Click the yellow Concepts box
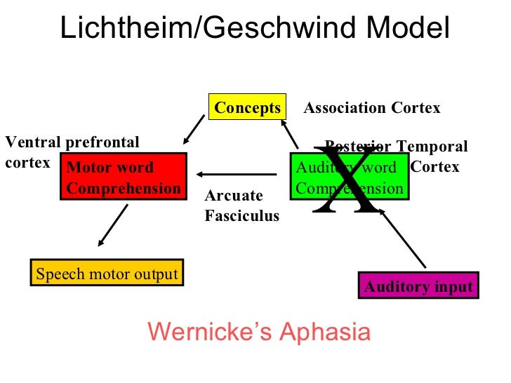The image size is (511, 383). pyautogui.click(x=247, y=108)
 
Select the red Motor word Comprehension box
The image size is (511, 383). pyautogui.click(x=123, y=177)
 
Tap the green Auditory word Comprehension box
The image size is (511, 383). pyautogui.click(x=349, y=177)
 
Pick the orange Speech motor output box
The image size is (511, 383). pyautogui.click(x=107, y=274)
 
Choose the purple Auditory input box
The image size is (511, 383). pyautogui.click(x=418, y=286)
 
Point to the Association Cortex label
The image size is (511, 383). pyautogui.click(x=371, y=108)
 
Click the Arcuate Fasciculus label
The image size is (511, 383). pyautogui.click(x=241, y=206)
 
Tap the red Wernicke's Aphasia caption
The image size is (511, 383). pyautogui.click(x=259, y=331)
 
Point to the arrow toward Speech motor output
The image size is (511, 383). pyautogui.click(x=112, y=225)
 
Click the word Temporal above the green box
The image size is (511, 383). pyautogui.click(x=432, y=147)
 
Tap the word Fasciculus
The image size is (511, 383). pyautogui.click(x=241, y=216)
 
